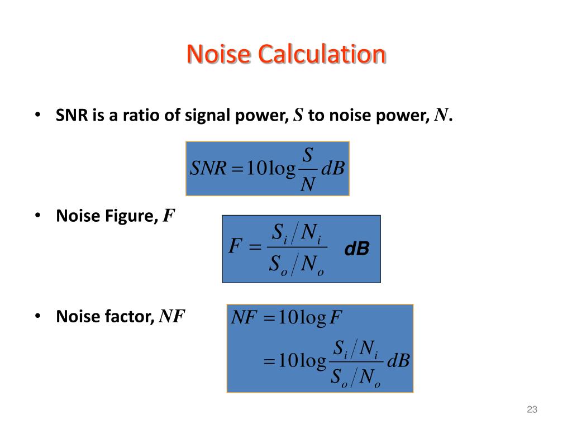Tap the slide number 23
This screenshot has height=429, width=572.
pyautogui.click(x=532, y=411)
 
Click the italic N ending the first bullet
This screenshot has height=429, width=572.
pyautogui.click(x=441, y=116)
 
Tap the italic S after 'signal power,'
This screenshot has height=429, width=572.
pyautogui.click(x=298, y=116)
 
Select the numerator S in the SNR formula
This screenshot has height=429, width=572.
pyautogui.click(x=307, y=155)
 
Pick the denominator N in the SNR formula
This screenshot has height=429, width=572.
pyautogui.click(x=307, y=183)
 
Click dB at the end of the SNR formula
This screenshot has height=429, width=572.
pyautogui.click(x=333, y=168)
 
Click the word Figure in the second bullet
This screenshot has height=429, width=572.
pyautogui.click(x=134, y=216)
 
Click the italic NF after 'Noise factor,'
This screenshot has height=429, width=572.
pyautogui.click(x=172, y=317)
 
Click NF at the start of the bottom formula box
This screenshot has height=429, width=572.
pyautogui.click(x=244, y=318)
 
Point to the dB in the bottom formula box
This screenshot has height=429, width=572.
pyautogui.click(x=398, y=361)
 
